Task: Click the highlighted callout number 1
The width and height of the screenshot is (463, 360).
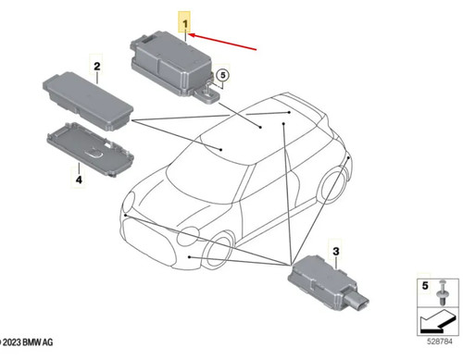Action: click(185, 23)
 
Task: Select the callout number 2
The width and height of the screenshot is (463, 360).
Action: click(97, 67)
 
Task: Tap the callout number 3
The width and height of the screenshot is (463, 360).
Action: click(336, 251)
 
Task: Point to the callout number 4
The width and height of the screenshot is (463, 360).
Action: click(79, 180)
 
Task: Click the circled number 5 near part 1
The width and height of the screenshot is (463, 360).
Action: click(223, 75)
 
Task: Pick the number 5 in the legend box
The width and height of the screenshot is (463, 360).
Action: click(425, 286)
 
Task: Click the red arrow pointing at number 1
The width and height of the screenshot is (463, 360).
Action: click(222, 42)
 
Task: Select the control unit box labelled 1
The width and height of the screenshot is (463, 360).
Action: click(175, 67)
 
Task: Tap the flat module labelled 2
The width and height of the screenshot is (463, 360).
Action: click(88, 101)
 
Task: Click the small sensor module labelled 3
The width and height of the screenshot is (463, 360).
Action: click(328, 284)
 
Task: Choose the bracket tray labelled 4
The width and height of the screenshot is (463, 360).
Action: click(91, 149)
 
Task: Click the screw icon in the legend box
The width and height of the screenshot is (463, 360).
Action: click(443, 293)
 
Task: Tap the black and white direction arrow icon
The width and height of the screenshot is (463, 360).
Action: click(438, 322)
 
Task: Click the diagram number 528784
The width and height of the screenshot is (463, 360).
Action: click(440, 341)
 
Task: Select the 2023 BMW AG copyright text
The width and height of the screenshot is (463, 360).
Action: click(27, 342)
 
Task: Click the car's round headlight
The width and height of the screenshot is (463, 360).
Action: click(188, 237)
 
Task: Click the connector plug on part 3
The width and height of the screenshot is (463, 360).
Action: click(358, 302)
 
